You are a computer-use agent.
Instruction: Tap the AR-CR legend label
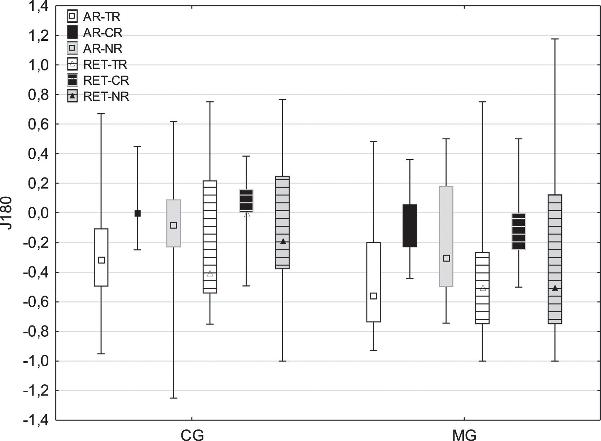[x=102, y=33]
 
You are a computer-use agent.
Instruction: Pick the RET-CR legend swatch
[x=73, y=80]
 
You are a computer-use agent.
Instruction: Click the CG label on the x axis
[x=192, y=435]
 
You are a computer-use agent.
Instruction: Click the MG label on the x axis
[x=464, y=435]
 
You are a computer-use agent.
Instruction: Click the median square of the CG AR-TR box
[x=101, y=260]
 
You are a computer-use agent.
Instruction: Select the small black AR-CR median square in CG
[x=137, y=213]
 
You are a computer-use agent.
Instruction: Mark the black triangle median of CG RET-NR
[x=283, y=241]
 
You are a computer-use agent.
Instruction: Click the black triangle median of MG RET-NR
[x=555, y=288]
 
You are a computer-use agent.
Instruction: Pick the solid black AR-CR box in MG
[x=410, y=226]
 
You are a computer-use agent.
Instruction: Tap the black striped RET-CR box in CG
[x=246, y=200]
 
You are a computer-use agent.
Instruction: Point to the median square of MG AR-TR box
[x=374, y=296]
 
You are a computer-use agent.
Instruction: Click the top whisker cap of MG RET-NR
[x=555, y=39]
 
